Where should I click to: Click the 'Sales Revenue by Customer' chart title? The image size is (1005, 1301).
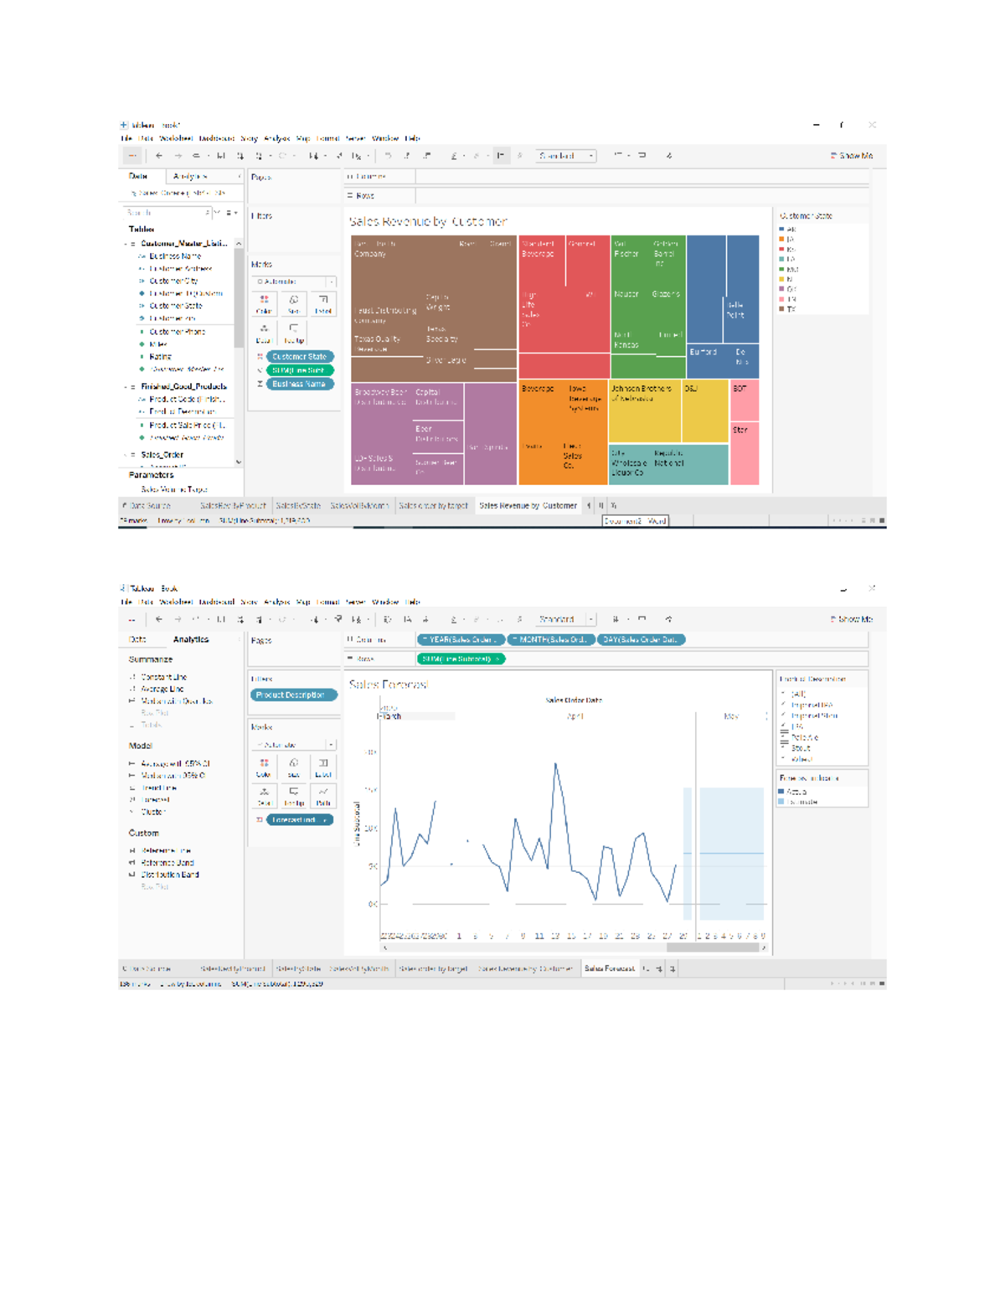428,222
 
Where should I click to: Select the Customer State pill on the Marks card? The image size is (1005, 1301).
299,357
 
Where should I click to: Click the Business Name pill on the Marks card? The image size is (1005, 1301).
299,384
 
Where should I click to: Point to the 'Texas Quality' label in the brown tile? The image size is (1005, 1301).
378,339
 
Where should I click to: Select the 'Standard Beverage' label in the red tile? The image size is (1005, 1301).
539,249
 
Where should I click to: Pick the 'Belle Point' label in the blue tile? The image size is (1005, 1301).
735,310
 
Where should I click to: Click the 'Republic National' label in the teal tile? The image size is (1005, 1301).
668,458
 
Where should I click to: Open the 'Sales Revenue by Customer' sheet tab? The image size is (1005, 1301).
528,506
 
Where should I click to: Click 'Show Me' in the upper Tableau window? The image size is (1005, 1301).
852,156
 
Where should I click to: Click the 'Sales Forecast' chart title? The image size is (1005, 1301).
388,685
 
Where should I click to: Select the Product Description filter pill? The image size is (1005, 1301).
292,695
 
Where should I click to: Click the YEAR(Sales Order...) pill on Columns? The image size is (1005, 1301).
461,640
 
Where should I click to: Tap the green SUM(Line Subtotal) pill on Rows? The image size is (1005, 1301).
461,659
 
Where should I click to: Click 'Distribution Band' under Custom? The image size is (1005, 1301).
169,875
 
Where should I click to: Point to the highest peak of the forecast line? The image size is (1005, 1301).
555,763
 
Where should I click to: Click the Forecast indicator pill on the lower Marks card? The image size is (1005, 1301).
299,820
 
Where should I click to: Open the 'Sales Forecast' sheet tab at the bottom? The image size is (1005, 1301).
609,969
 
